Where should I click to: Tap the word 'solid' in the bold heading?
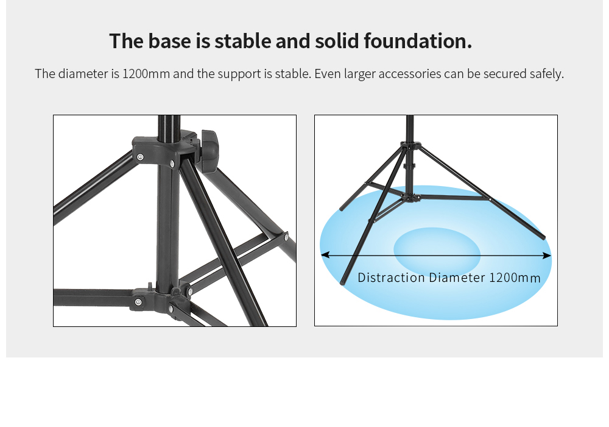(336, 41)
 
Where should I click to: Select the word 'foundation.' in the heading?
(418, 41)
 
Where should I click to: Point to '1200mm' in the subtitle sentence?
(146, 73)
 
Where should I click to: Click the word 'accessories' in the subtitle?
(410, 73)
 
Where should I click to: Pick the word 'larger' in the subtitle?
(360, 74)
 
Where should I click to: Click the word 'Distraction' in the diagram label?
(391, 278)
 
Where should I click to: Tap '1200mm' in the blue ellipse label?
(515, 278)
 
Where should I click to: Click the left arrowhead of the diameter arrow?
(325, 255)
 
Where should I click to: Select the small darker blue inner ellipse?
(437, 251)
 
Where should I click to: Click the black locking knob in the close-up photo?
(209, 151)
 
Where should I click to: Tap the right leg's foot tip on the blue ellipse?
(543, 237)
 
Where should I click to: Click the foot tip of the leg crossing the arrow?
(342, 282)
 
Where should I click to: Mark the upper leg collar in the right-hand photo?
(410, 146)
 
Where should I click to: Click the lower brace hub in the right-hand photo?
(410, 198)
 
